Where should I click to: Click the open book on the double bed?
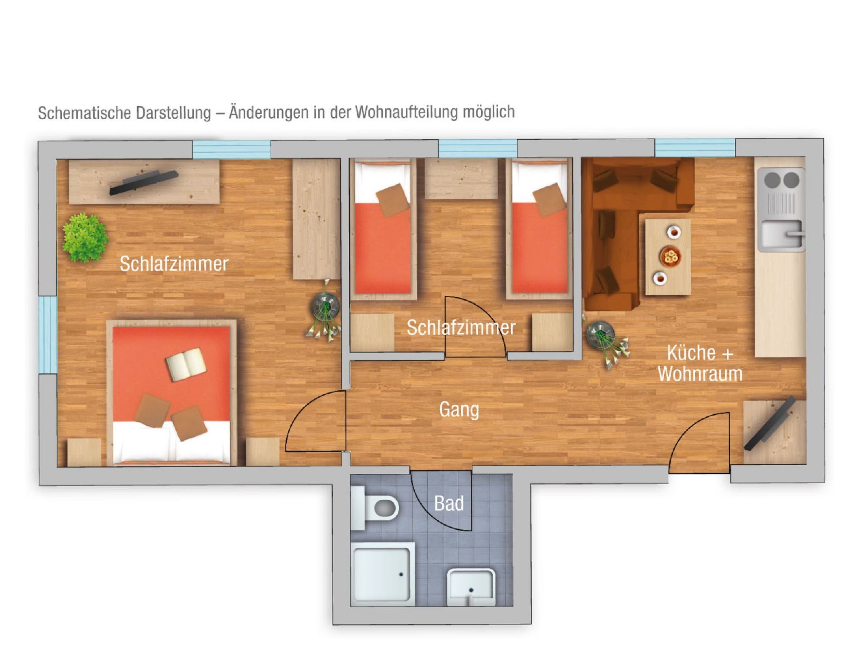[186, 364]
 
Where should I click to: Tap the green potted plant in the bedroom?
[85, 238]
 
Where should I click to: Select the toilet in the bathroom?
[381, 507]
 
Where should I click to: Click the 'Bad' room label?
[449, 504]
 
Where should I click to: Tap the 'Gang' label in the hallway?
[459, 410]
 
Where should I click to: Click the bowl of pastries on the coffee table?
[670, 256]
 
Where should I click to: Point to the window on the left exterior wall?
[48, 334]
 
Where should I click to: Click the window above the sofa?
[695, 148]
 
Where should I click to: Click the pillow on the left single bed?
[392, 200]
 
